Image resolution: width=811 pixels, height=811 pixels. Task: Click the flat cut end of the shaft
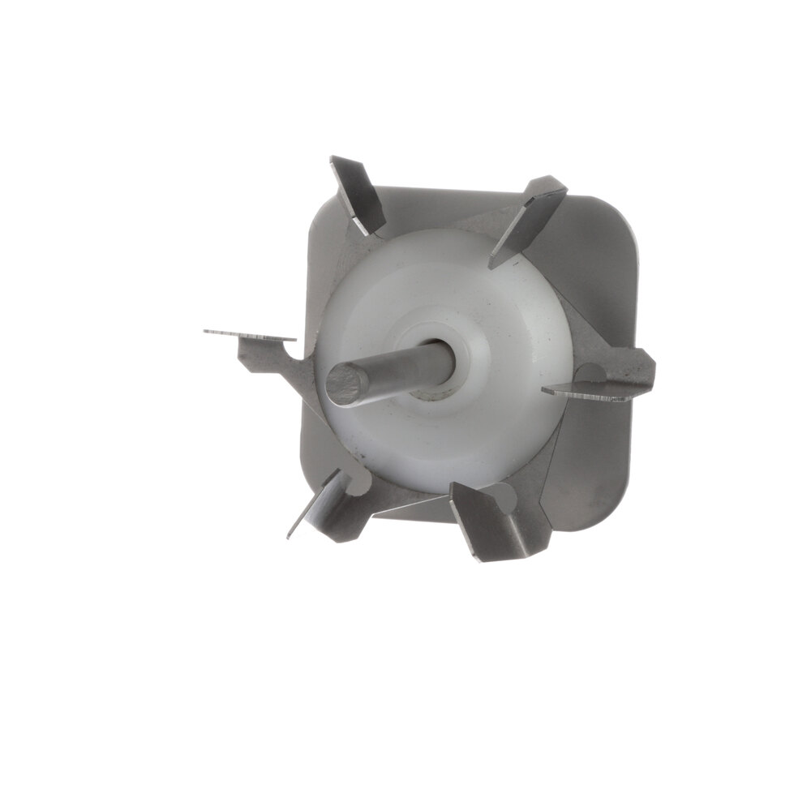(347, 384)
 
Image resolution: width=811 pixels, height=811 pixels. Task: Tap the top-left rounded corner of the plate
(320, 211)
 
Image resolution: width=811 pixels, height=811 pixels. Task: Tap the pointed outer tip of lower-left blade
(290, 535)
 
